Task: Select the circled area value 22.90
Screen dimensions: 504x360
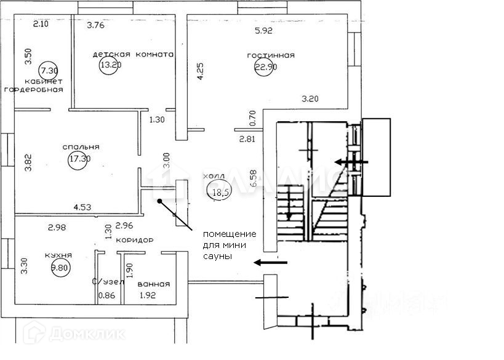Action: pos(266,68)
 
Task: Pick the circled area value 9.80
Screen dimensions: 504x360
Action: pos(60,268)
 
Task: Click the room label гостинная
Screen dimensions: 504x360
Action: pos(271,55)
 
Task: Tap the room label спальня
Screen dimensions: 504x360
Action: pos(81,147)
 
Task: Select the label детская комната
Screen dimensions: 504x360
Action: pos(133,54)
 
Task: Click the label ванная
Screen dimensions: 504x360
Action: pos(153,284)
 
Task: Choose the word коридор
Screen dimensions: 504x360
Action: pos(134,240)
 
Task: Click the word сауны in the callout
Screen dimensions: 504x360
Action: pos(219,257)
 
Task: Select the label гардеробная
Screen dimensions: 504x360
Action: pos(34,89)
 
